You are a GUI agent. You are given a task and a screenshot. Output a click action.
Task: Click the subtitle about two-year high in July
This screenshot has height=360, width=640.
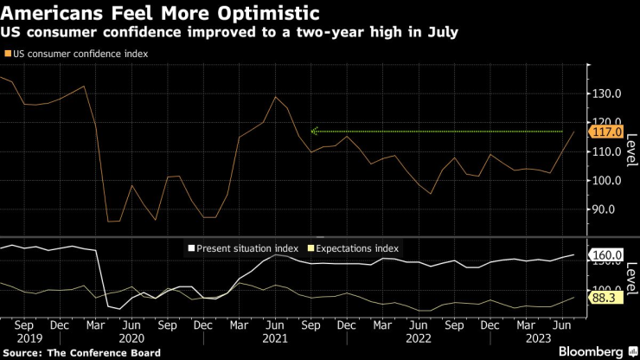(230, 33)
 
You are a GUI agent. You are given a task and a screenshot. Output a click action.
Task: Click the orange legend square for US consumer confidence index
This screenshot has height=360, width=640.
(8, 54)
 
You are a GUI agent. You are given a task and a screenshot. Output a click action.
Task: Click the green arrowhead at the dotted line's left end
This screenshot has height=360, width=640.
(315, 132)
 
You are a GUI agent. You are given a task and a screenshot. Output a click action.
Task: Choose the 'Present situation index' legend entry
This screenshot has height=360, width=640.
(246, 248)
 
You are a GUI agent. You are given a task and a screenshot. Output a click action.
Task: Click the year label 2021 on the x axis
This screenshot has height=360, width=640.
(274, 339)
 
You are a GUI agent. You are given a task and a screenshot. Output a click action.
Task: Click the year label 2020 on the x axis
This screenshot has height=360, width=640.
(131, 339)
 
